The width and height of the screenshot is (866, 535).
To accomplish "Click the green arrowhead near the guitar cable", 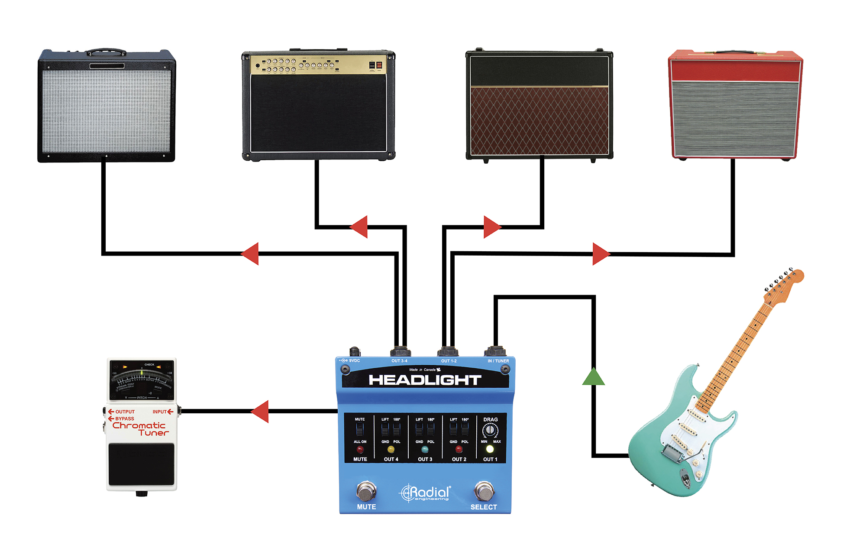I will (593, 377).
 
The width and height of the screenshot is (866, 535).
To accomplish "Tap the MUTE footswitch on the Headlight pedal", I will (366, 491).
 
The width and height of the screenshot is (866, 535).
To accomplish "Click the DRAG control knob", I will (490, 430).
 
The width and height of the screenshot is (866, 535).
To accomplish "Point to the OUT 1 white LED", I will (490, 449).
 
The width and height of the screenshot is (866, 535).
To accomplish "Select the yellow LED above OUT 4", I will (391, 449).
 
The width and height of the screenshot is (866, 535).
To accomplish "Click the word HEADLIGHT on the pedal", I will (425, 380).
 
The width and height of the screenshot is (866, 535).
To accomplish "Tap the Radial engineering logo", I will (425, 493).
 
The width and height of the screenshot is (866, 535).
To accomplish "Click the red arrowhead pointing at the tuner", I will (261, 411).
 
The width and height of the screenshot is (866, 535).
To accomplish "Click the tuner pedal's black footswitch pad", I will (141, 464).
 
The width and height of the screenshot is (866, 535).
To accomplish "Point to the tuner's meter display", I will (142, 380).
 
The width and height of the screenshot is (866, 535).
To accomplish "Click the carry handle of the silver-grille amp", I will (107, 52).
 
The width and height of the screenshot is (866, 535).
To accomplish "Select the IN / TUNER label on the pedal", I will (498, 361).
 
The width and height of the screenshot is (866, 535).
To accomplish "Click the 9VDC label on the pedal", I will (354, 360).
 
